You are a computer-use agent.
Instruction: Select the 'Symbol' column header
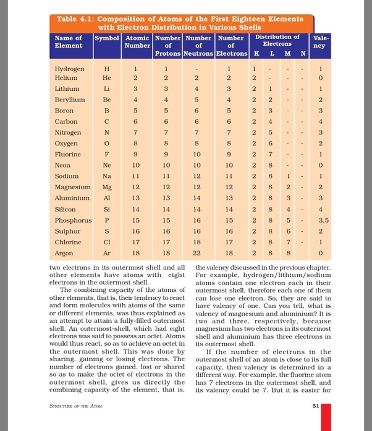pos(106,38)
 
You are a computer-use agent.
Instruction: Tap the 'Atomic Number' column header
pos(137,41)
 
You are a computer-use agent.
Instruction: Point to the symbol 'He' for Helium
pos(106,79)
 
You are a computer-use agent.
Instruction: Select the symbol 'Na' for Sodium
pos(106,176)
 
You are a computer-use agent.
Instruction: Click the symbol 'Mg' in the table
pos(106,187)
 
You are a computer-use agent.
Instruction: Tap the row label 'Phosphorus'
pos(74,220)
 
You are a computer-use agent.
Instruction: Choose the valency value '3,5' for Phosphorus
pos(321,220)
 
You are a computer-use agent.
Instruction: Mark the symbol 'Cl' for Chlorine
pos(106,242)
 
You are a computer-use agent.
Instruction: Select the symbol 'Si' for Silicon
pos(106,209)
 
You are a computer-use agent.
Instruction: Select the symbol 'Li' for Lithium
pos(106,90)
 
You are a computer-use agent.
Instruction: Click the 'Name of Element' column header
pos(69,41)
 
